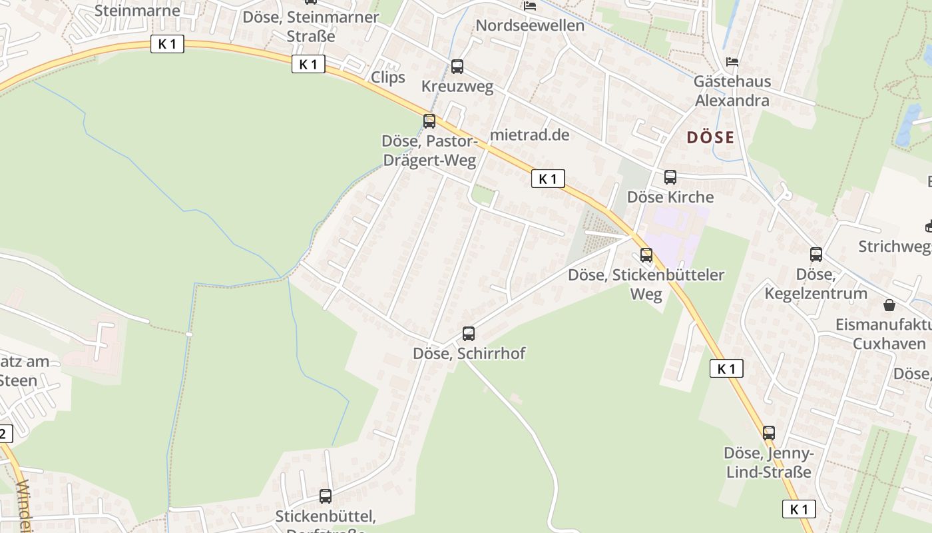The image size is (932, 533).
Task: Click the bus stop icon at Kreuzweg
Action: (x=457, y=67)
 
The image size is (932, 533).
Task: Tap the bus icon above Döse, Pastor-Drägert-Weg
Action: (x=429, y=121)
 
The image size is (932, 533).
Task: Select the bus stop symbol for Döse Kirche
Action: (x=670, y=177)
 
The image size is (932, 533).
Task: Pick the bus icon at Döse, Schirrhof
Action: (x=469, y=334)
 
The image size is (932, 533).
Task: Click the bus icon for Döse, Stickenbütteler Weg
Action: (x=646, y=255)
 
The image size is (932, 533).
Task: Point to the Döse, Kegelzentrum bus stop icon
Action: (x=816, y=255)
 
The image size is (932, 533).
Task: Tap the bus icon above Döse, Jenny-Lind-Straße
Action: (x=769, y=433)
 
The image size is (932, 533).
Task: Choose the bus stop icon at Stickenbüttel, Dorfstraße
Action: (x=326, y=496)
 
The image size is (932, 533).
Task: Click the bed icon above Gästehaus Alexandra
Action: (x=732, y=62)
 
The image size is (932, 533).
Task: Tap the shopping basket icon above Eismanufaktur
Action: (x=889, y=306)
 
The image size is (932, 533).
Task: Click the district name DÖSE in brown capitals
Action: (x=710, y=138)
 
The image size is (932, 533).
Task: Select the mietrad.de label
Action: (x=530, y=135)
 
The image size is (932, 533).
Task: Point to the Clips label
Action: (x=388, y=77)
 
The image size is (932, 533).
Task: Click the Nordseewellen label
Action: (x=530, y=25)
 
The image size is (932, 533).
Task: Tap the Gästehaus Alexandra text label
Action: (x=732, y=91)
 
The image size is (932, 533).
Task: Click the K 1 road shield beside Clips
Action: (x=308, y=64)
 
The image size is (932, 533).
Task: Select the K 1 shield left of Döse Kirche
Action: (x=548, y=179)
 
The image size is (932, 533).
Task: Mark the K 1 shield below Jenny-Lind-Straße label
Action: (x=799, y=510)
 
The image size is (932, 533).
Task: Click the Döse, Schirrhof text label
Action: (x=469, y=353)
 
